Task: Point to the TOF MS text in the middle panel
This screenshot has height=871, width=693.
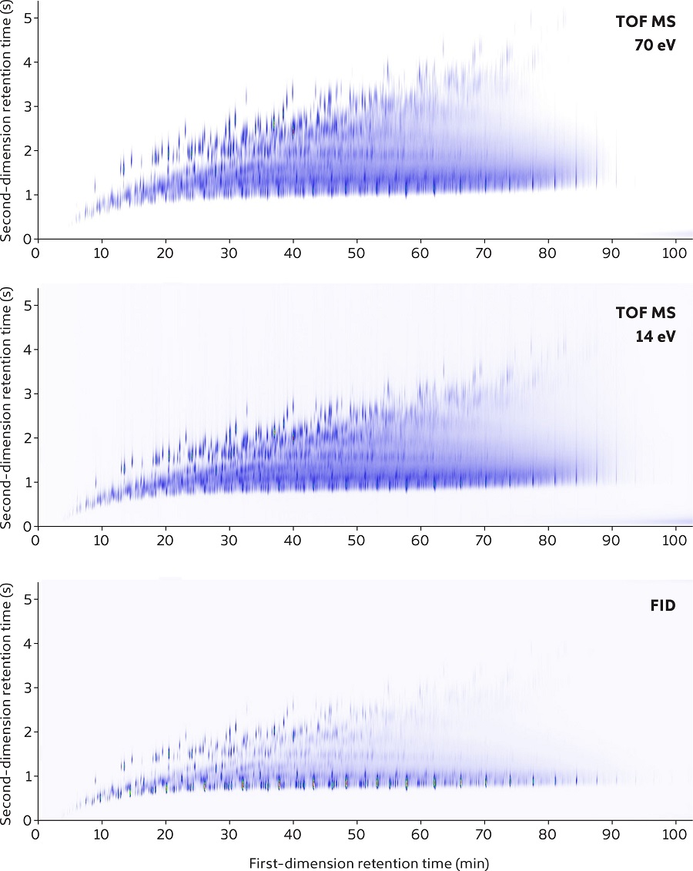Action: [x=646, y=313]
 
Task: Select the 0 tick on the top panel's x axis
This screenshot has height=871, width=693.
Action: [x=35, y=252]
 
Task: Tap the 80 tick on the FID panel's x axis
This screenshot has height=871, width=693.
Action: [x=547, y=834]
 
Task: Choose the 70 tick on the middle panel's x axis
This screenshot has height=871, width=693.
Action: [x=484, y=540]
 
